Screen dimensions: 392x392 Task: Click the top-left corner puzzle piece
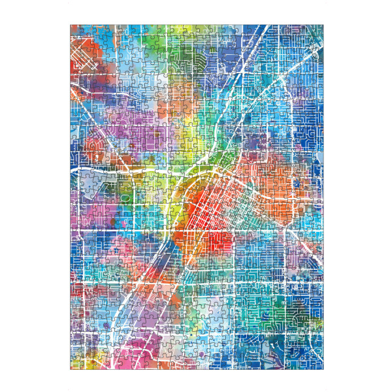pos(76,31)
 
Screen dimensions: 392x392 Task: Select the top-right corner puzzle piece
pos(317,31)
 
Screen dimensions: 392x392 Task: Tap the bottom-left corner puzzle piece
pos(76,363)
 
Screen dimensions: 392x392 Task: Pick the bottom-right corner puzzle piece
pos(317,363)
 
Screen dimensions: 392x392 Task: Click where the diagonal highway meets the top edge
pos(267,27)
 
